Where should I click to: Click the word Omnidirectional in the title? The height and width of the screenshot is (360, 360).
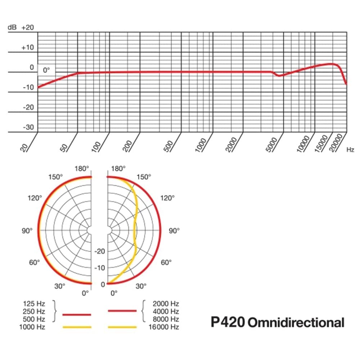pyautogui.click(x=296, y=322)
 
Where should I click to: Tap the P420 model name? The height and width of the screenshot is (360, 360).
pyautogui.click(x=227, y=322)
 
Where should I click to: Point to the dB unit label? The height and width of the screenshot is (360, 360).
pyautogui.click(x=12, y=28)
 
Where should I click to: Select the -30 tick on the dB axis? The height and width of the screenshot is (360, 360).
pyautogui.click(x=28, y=127)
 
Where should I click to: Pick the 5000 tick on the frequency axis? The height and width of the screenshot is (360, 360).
pyautogui.click(x=274, y=144)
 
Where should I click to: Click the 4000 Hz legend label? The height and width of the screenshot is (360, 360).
pyautogui.click(x=166, y=311)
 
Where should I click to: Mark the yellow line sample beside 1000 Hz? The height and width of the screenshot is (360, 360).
pyautogui.click(x=77, y=327)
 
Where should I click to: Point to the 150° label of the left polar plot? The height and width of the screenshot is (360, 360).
pyautogui.click(x=55, y=177)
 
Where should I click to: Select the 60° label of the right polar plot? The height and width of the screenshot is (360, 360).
pyautogui.click(x=166, y=262)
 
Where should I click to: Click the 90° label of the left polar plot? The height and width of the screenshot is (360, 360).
pyautogui.click(x=27, y=231)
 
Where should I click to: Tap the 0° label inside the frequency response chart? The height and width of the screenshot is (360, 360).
pyautogui.click(x=46, y=70)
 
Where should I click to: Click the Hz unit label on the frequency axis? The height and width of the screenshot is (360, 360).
pyautogui.click(x=350, y=150)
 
